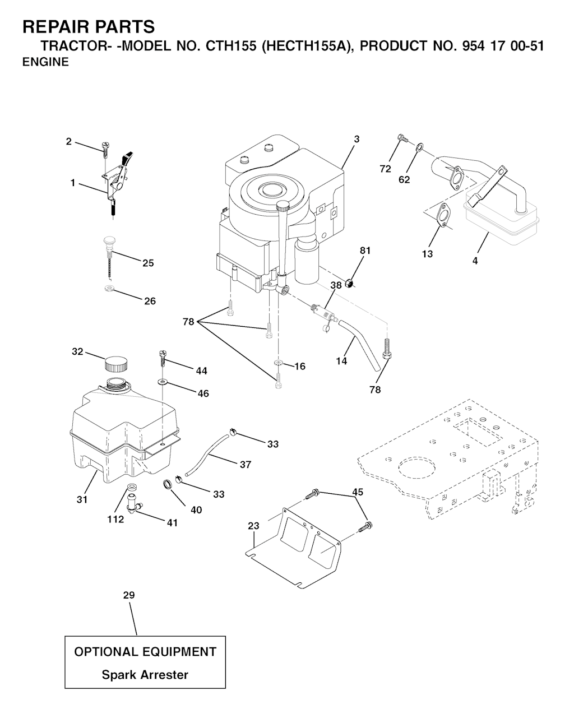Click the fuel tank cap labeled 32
(x=116, y=364)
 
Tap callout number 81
(x=365, y=251)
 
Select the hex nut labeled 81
(x=349, y=284)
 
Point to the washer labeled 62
(x=419, y=146)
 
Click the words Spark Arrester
(x=145, y=675)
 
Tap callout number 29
(x=129, y=595)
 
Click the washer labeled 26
(x=108, y=288)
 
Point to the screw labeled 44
(x=163, y=358)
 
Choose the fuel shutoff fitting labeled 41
(x=134, y=504)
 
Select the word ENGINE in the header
(x=45, y=62)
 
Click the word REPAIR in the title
(x=53, y=27)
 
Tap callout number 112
(x=115, y=519)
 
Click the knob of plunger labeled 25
(x=109, y=240)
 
